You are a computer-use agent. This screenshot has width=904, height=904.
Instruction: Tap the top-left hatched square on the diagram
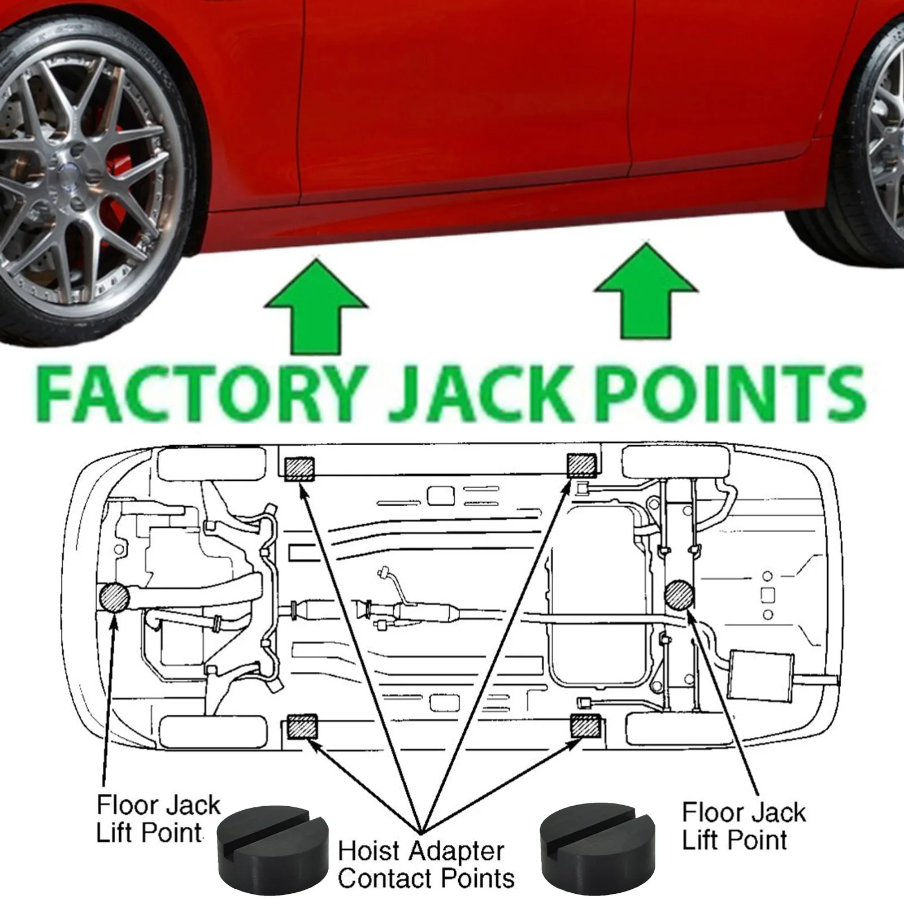click(299, 469)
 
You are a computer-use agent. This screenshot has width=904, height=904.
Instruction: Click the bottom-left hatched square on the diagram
click(302, 727)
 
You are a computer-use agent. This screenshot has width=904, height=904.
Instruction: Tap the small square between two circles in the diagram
click(767, 595)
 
